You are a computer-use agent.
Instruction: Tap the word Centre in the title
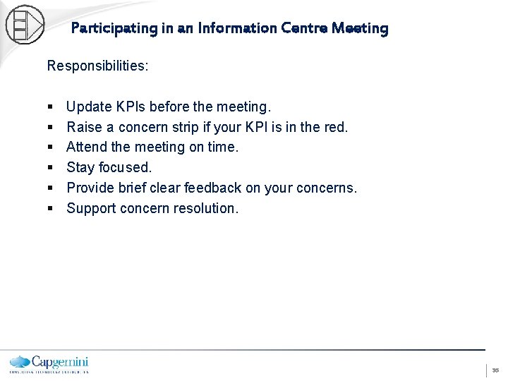(x=303, y=29)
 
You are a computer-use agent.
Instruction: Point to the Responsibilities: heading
(x=97, y=66)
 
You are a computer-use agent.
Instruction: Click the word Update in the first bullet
(x=89, y=107)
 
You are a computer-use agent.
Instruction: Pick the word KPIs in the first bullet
(x=133, y=107)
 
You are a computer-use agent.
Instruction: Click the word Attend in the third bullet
(x=87, y=147)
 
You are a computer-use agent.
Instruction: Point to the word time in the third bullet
(x=224, y=147)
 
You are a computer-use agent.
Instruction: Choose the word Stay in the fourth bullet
(x=80, y=168)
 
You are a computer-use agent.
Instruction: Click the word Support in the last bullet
(x=91, y=209)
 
